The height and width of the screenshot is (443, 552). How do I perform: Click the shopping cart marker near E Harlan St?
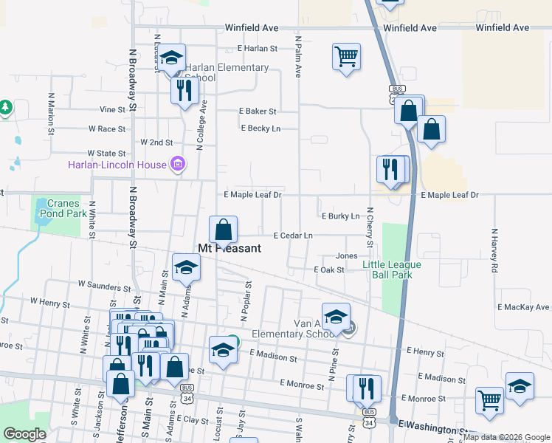[x=346, y=57]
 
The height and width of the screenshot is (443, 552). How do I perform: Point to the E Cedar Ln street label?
[x=293, y=236]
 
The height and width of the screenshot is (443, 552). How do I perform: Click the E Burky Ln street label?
[x=340, y=216]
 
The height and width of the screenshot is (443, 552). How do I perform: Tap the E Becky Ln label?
[x=261, y=128]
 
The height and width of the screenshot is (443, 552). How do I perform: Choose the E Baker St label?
[x=257, y=111]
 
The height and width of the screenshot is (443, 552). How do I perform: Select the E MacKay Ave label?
[x=523, y=306]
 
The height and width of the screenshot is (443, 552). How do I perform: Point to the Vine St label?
[x=113, y=109]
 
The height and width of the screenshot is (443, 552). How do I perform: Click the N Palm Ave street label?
[x=299, y=58]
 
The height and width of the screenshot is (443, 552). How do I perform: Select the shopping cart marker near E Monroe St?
[x=489, y=401]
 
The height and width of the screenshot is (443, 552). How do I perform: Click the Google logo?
[x=25, y=434]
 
